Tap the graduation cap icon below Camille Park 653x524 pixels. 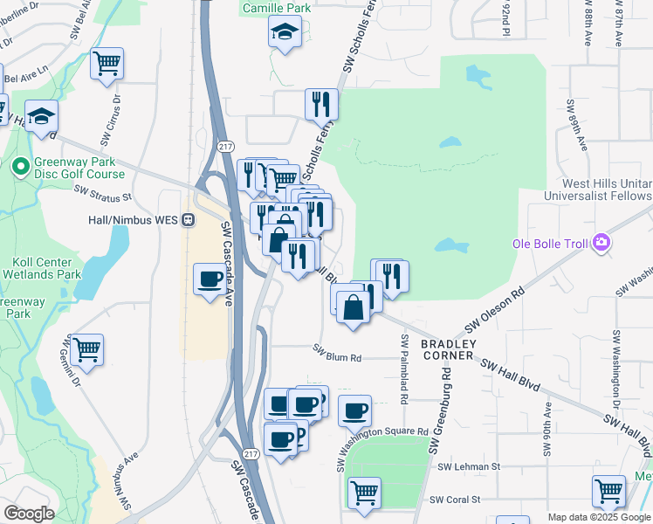[x=284, y=33]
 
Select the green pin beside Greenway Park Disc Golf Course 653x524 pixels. [x=20, y=165]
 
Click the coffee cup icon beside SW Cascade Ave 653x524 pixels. [x=209, y=279]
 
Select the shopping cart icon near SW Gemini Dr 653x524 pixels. [x=86, y=349]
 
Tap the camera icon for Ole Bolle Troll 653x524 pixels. [x=601, y=242]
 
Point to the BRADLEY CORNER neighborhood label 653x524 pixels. [x=449, y=349]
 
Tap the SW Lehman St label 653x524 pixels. [x=469, y=467]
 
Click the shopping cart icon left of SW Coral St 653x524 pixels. [x=364, y=493]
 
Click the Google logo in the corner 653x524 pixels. [x=29, y=514]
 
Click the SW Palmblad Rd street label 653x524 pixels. [x=404, y=369]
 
